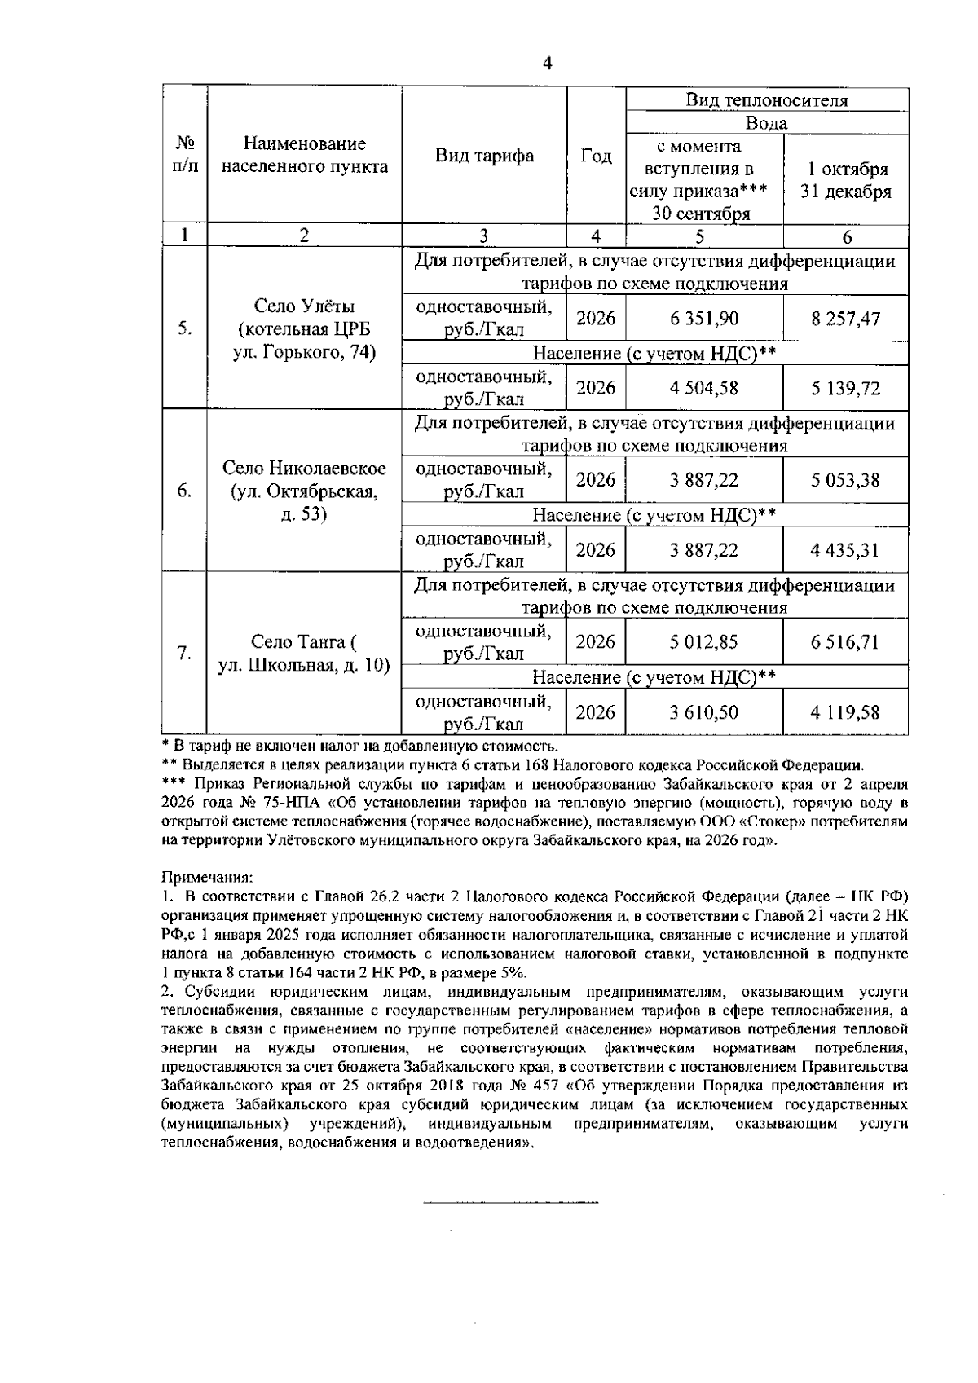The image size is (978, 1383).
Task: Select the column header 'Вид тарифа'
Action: (484, 156)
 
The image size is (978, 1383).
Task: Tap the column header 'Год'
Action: (596, 156)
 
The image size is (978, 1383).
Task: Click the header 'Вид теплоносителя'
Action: (766, 100)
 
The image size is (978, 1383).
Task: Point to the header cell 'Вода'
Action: (766, 123)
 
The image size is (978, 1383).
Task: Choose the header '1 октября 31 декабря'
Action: (846, 180)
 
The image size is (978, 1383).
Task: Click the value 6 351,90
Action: (704, 318)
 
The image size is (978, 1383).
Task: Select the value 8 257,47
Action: (845, 318)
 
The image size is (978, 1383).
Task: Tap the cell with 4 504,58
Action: (704, 388)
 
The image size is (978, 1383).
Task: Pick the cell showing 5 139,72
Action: (845, 388)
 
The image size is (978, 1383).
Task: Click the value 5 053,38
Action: (845, 480)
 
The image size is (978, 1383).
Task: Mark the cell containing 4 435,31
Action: (845, 550)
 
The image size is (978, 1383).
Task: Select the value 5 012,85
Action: (704, 642)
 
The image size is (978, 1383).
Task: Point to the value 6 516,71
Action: (845, 642)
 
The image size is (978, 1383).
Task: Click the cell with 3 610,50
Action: (704, 712)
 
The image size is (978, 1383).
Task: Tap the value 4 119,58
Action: (845, 712)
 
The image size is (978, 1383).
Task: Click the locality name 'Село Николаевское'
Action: (304, 469)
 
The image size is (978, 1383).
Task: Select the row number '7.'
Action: (185, 653)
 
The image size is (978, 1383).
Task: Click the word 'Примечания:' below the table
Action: (207, 878)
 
